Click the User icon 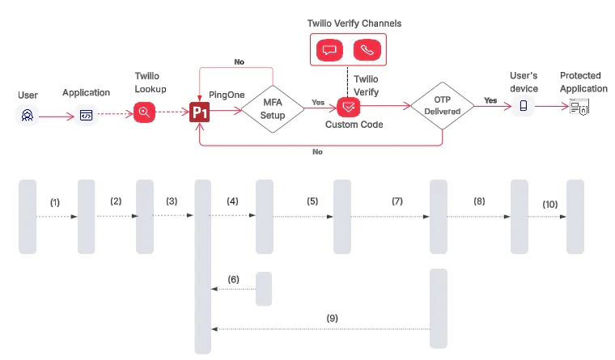click(x=27, y=116)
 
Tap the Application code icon click(x=86, y=115)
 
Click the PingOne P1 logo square click(x=200, y=112)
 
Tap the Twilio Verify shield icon click(x=349, y=106)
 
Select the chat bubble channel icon click(x=329, y=50)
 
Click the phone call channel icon click(x=367, y=50)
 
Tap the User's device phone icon click(x=524, y=106)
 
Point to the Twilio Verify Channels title click(x=349, y=23)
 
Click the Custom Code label click(x=354, y=125)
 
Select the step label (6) click(x=233, y=279)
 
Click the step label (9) click(x=332, y=318)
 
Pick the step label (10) click(x=549, y=205)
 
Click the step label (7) click(x=397, y=200)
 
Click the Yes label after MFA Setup click(x=318, y=102)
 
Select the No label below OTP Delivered click(x=317, y=151)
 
